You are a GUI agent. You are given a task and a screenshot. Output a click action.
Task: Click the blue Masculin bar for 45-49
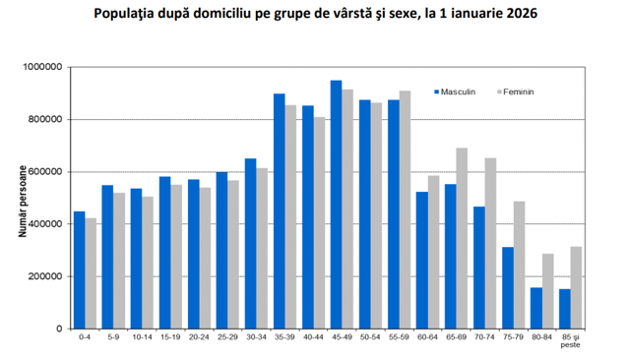coord(336,205)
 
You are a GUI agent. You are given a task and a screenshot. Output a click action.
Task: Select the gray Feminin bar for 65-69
coord(462,238)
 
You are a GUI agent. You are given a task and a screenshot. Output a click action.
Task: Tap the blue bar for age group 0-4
coord(80,270)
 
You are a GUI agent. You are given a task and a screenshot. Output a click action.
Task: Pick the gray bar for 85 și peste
coord(577,287)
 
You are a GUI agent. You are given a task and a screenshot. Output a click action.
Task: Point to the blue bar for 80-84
coord(536,308)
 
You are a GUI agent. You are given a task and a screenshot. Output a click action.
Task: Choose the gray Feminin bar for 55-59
coord(405,210)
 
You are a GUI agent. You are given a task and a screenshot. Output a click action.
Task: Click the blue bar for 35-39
coord(280,211)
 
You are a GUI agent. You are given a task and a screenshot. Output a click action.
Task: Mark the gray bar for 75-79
coord(520,265)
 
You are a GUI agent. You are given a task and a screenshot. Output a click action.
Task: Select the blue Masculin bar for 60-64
coord(422,261)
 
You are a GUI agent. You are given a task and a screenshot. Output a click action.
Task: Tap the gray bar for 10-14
coord(148,263)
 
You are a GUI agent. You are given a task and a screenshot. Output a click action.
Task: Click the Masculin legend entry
coord(455,92)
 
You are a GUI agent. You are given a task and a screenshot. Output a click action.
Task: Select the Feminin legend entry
coord(516,92)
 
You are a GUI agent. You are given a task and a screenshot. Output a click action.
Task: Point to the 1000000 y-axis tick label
coord(43,67)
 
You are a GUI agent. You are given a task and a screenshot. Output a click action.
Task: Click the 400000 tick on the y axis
coord(45,224)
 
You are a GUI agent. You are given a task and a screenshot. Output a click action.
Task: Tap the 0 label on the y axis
coord(60,329)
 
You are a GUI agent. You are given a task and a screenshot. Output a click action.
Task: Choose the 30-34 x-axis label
coord(256,337)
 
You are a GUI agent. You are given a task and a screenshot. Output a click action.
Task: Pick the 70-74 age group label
coord(484,337)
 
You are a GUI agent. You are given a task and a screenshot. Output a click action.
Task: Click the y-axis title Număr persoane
coord(23,202)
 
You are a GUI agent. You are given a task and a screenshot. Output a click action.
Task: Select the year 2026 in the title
coord(522,13)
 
